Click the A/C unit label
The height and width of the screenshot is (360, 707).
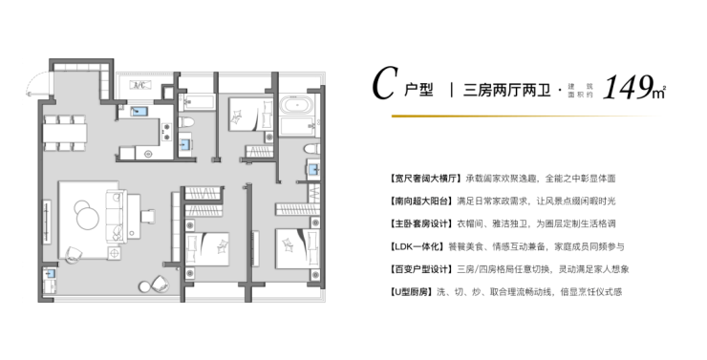point(140,85)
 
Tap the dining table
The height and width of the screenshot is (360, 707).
point(65,134)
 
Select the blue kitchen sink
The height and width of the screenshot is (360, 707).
point(139,111)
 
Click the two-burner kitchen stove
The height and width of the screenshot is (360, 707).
point(166,132)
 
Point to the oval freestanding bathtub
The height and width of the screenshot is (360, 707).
point(296,106)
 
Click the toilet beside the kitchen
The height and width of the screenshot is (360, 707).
point(186,121)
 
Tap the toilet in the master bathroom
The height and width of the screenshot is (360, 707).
point(311,149)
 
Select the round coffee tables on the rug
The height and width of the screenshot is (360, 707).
point(86,215)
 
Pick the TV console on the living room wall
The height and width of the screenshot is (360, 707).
point(47,222)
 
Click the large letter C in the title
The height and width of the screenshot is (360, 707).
point(386,84)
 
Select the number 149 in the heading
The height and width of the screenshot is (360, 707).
point(628,88)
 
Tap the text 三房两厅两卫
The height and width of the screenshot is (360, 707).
point(506,90)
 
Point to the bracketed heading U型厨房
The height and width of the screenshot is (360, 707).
point(410,292)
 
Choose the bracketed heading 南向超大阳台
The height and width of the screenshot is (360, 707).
point(420,201)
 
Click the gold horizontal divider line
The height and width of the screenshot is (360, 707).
point(523,116)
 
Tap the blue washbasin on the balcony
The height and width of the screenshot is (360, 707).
point(50,273)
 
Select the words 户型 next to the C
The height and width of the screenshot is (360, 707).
point(418,90)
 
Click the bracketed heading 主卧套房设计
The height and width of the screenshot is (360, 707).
point(420,224)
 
